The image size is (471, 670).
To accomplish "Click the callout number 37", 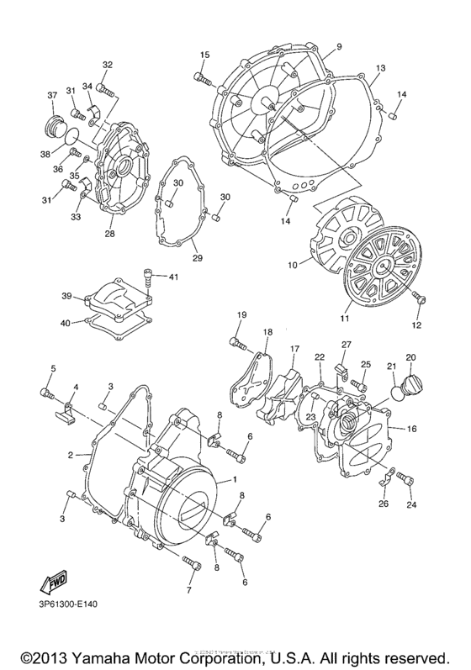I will click(x=51, y=94).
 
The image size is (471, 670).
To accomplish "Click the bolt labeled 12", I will click(x=421, y=298).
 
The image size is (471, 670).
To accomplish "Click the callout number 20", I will click(x=411, y=356).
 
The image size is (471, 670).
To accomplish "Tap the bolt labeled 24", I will click(x=407, y=480).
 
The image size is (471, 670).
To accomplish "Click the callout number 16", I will click(x=411, y=429).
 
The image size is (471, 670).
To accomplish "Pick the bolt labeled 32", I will click(x=103, y=87).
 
